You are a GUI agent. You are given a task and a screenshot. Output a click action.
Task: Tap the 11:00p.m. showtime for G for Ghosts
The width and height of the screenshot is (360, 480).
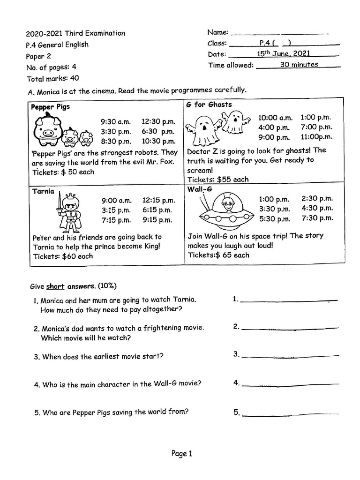tap(316, 137)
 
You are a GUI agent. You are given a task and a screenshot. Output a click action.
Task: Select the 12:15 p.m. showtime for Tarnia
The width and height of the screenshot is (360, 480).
tap(158, 201)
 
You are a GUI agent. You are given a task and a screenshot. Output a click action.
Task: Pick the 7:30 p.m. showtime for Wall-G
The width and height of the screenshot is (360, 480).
tap(317, 218)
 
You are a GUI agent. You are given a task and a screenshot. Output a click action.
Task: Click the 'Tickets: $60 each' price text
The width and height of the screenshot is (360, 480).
tap(63, 256)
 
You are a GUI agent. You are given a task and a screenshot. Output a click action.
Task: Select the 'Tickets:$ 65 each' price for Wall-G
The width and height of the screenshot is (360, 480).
tap(218, 255)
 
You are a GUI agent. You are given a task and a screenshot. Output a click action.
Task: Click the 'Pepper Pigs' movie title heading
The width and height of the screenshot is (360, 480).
tap(50, 107)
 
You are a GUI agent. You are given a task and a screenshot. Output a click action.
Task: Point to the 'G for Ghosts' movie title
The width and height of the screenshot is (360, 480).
tap(209, 105)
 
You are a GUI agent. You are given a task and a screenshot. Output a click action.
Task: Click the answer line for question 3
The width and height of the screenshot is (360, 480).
tap(289, 357)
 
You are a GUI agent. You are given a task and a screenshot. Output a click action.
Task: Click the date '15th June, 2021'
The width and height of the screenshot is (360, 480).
tap(283, 54)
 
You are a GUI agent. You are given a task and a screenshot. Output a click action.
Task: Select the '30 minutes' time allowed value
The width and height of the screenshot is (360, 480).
tap(299, 65)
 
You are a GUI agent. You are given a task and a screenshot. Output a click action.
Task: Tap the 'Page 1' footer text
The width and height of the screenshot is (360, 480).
tap(182, 453)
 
